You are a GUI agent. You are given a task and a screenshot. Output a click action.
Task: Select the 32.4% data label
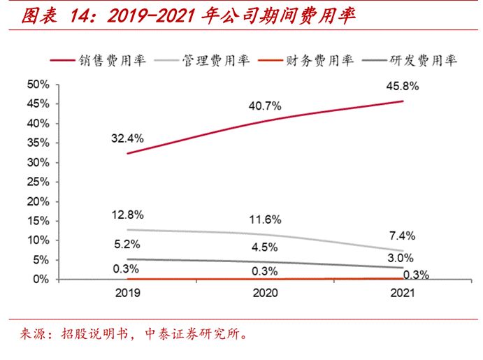(x=127, y=138)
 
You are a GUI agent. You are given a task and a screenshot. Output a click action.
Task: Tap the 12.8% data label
(x=127, y=214)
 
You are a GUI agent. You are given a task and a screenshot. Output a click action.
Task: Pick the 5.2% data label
(x=127, y=245)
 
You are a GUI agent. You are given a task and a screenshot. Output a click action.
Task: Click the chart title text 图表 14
(x=50, y=15)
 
